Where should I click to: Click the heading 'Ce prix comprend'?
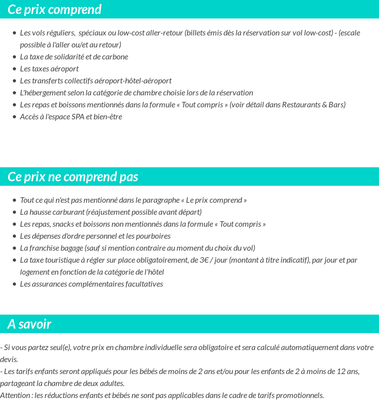(x=54, y=9)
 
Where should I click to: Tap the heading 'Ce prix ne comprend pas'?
(x=73, y=177)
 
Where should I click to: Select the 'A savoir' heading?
(x=29, y=324)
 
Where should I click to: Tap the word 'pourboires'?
(x=152, y=236)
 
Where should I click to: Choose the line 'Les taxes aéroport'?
(x=49, y=69)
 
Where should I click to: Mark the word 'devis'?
(x=9, y=360)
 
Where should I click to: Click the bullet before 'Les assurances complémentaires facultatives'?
(x=14, y=284)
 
